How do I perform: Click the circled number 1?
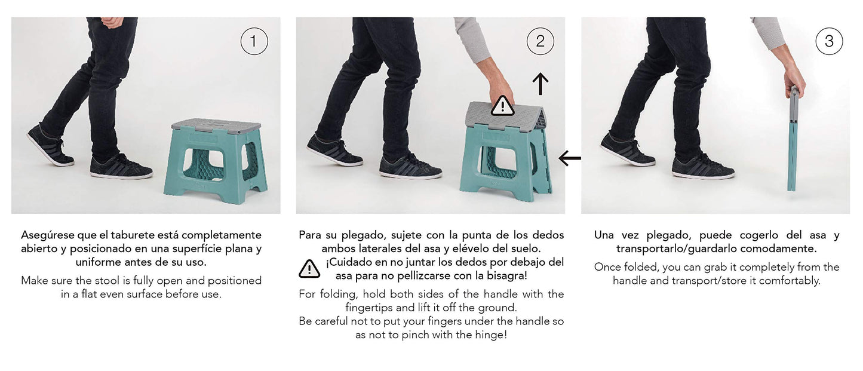[254, 41]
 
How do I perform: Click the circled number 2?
[540, 41]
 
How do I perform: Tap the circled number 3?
[829, 41]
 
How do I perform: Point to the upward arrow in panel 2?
[540, 84]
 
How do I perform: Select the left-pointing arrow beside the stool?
[570, 158]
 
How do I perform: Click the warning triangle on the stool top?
[502, 106]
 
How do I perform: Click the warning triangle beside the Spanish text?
[309, 269]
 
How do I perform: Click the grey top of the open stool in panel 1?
[216, 125]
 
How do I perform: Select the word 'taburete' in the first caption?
[156, 235]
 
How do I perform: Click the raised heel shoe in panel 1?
[50, 146]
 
